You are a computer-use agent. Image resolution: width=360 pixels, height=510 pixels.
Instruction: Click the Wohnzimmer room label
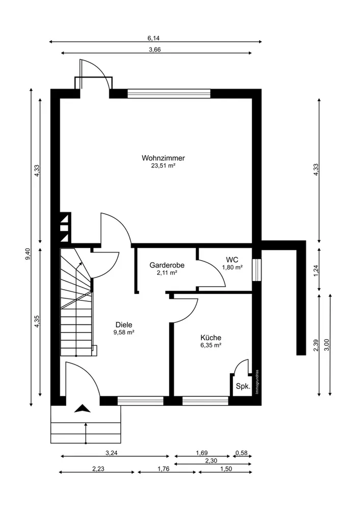click(163, 158)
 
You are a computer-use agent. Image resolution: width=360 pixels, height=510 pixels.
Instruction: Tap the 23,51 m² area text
click(163, 166)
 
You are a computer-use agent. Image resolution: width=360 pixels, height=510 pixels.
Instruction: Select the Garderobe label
click(167, 265)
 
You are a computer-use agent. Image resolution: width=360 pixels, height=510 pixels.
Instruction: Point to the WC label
click(233, 260)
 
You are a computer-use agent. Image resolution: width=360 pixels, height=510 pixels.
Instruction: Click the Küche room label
click(211, 338)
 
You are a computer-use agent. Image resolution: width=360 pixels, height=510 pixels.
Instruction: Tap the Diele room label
click(124, 324)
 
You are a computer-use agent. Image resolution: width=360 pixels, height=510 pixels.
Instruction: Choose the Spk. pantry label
click(243, 387)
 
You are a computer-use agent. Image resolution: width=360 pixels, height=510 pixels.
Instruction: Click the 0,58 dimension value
click(242, 452)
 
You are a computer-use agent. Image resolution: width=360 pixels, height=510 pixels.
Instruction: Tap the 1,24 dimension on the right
click(316, 271)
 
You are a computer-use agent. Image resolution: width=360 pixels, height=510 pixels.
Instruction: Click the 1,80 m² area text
click(233, 267)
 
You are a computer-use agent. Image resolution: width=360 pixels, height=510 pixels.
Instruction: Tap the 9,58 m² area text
click(124, 332)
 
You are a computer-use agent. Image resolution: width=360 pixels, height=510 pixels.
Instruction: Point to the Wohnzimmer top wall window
click(169, 93)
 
